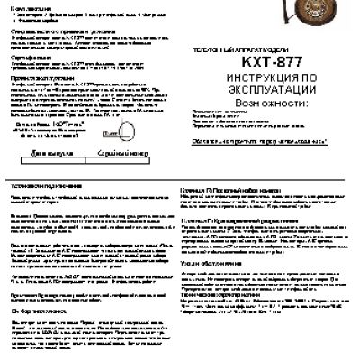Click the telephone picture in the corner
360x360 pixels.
pos(338,19)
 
